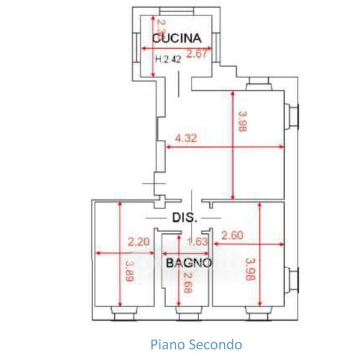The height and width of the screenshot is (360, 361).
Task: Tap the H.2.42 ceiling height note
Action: (x=168, y=59)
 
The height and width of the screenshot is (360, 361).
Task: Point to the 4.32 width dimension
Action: (x=187, y=139)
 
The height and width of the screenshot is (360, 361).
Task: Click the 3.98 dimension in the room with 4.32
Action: (x=241, y=122)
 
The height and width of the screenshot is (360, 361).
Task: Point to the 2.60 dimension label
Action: (x=232, y=236)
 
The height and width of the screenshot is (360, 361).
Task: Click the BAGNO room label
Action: (x=189, y=262)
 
